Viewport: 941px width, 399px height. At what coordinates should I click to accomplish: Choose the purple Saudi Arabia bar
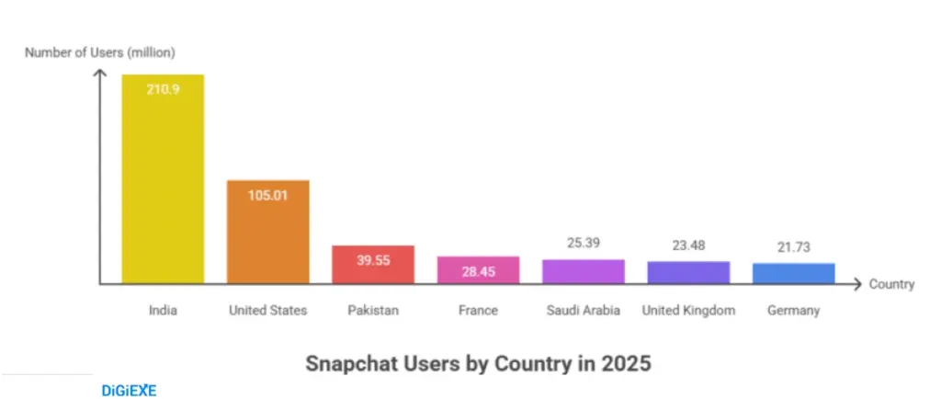pyautogui.click(x=584, y=271)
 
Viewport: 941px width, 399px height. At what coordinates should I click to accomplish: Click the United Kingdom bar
pyautogui.click(x=688, y=272)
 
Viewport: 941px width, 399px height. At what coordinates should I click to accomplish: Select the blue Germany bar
pyautogui.click(x=794, y=273)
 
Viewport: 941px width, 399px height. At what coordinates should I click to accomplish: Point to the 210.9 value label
pyautogui.click(x=163, y=89)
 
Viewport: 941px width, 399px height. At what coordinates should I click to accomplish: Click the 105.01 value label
pyautogui.click(x=268, y=195)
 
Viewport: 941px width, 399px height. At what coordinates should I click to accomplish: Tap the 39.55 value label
pyautogui.click(x=373, y=260)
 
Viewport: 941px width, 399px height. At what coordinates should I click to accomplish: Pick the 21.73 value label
pyautogui.click(x=794, y=247)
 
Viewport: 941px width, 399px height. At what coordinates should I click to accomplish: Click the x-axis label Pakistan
pyautogui.click(x=373, y=311)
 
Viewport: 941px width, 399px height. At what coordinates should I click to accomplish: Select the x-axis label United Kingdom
pyautogui.click(x=688, y=311)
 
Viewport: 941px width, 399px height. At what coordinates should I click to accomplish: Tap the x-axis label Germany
pyautogui.click(x=794, y=311)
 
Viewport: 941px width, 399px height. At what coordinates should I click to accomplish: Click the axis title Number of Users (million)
pyautogui.click(x=100, y=51)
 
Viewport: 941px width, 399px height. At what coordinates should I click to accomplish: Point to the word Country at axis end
pyautogui.click(x=891, y=284)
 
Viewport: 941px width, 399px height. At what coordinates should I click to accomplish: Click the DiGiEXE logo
pyautogui.click(x=129, y=390)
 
